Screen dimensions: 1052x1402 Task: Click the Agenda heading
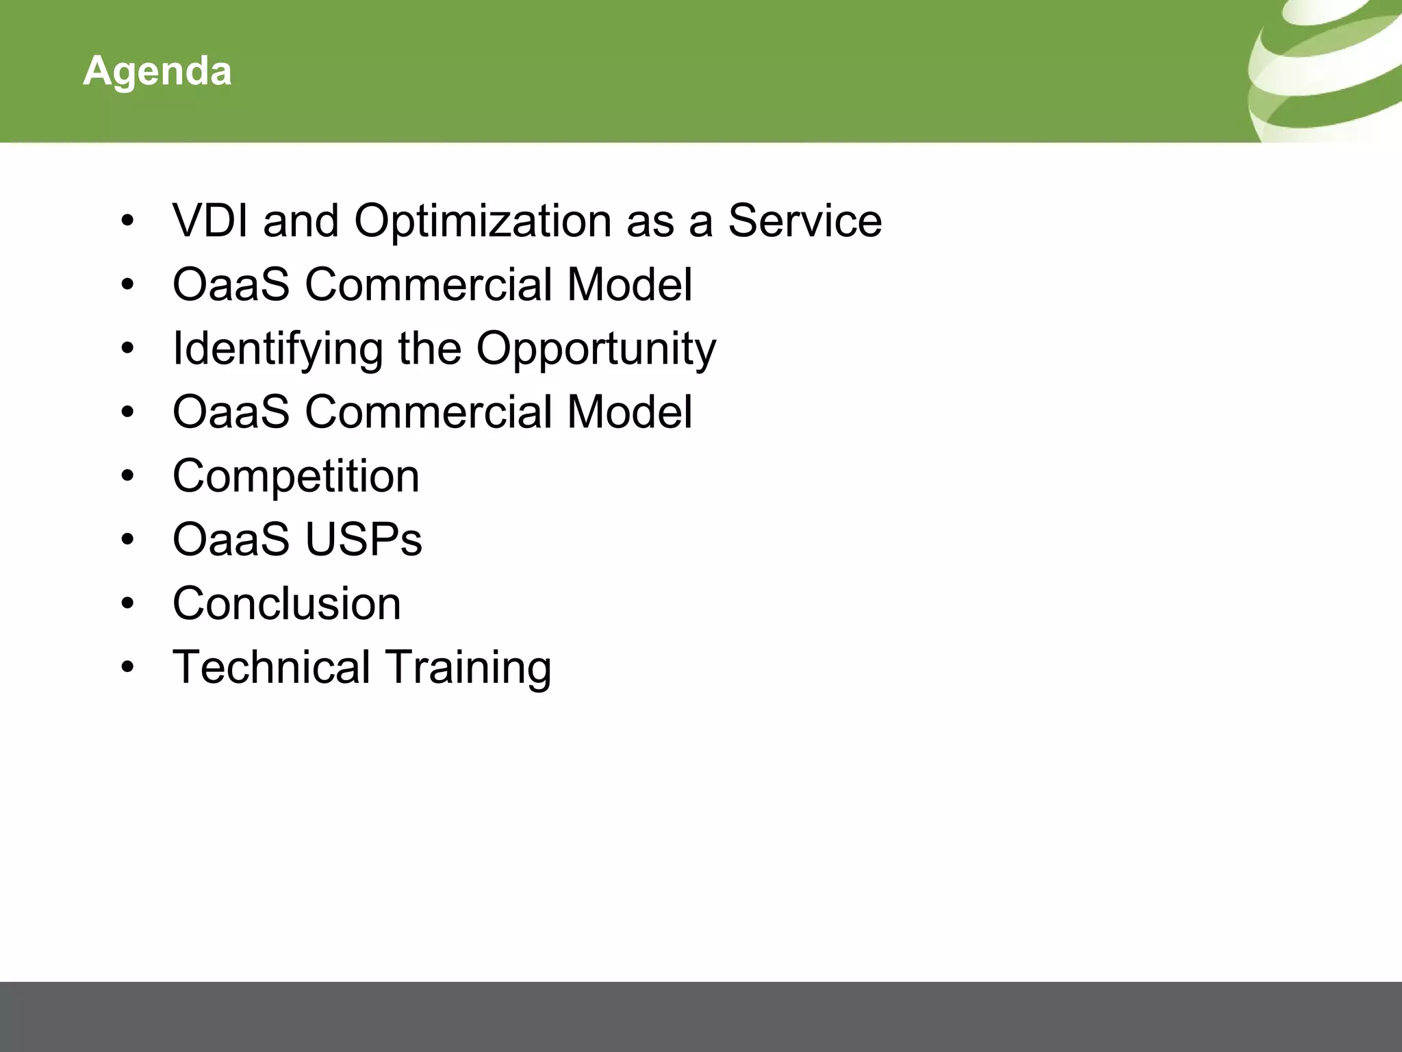pyautogui.click(x=157, y=71)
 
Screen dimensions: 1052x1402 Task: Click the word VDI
pyautogui.click(x=211, y=221)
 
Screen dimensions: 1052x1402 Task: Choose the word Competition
pyautogui.click(x=296, y=476)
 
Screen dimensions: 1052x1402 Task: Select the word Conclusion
pyautogui.click(x=287, y=603)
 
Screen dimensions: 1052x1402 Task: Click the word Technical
pyautogui.click(x=271, y=667)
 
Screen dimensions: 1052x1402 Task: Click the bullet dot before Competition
pyautogui.click(x=127, y=476)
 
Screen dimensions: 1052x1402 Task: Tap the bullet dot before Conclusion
pyautogui.click(x=127, y=603)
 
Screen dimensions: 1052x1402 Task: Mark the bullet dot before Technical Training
pyautogui.click(x=127, y=667)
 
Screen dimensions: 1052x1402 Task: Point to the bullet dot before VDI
pyautogui.click(x=127, y=221)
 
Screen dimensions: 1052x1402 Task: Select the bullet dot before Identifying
pyautogui.click(x=127, y=349)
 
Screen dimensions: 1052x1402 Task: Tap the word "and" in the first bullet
pyautogui.click(x=301, y=221)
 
